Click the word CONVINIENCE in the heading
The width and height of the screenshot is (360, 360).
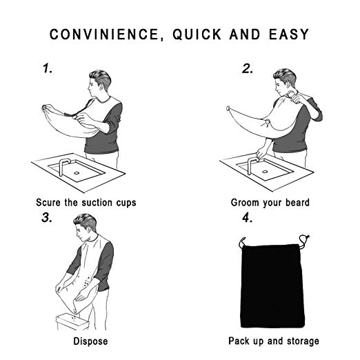(x=104, y=34)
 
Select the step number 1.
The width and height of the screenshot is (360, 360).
(x=48, y=68)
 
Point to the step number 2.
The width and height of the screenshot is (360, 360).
(x=248, y=68)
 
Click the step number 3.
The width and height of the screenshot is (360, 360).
(x=47, y=217)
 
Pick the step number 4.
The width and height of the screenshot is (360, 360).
(x=248, y=217)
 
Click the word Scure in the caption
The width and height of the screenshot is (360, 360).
(x=48, y=203)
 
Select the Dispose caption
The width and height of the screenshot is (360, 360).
(x=90, y=341)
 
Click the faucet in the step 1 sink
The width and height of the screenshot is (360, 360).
(x=63, y=167)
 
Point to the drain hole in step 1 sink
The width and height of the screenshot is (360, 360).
(x=77, y=173)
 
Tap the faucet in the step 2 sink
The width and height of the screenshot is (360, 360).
(x=252, y=166)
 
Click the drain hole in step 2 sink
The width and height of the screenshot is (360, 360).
(x=265, y=172)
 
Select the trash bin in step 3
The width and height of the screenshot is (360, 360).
(x=72, y=322)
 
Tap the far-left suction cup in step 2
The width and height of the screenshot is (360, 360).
(x=228, y=108)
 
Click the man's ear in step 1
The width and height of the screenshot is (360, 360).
(x=101, y=86)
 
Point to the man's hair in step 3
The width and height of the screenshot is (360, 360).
(x=86, y=221)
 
